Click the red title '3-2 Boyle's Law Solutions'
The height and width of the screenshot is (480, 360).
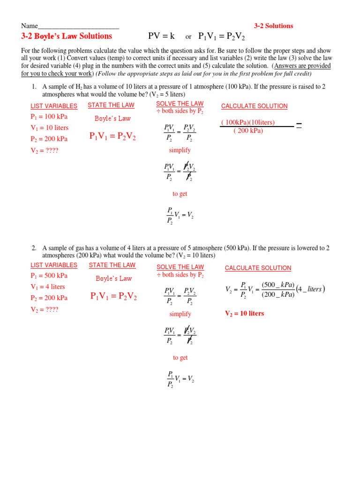point(67,36)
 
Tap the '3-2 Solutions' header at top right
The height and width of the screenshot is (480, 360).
point(273,26)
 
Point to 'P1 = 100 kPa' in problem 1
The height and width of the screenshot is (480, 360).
point(49,117)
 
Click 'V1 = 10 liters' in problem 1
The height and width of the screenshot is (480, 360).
point(49,127)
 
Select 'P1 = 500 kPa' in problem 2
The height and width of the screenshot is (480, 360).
point(49,276)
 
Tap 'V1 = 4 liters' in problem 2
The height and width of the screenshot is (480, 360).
point(48,286)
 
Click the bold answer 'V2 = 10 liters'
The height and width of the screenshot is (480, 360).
point(245,313)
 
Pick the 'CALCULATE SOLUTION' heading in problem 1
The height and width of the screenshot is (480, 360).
point(254,106)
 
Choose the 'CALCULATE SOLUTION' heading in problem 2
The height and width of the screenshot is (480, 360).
point(258,268)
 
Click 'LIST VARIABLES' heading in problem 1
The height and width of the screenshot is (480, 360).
point(54,106)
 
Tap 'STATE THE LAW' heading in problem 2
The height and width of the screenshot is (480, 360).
point(112,265)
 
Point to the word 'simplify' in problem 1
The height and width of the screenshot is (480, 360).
point(180,150)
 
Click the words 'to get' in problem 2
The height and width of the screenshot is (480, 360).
point(180,358)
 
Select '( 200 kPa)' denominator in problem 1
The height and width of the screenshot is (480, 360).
point(248,130)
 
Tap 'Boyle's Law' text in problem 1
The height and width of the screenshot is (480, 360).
point(112,119)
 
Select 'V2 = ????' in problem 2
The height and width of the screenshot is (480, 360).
point(45,309)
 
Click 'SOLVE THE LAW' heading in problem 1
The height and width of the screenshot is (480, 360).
point(180,103)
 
